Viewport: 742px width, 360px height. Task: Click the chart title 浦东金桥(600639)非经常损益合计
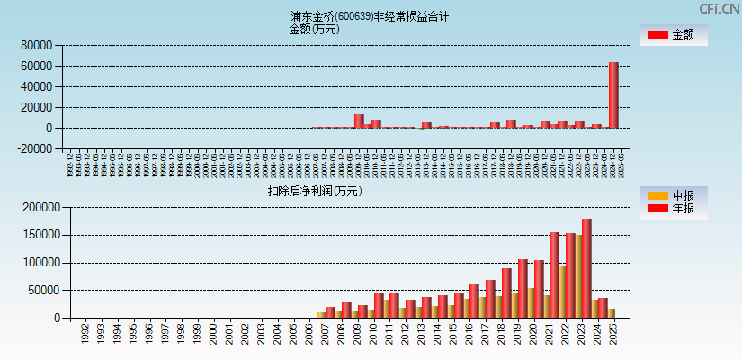[x=370, y=16]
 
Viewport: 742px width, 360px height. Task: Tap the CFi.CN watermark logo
[x=719, y=9]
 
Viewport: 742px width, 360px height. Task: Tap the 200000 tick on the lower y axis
[x=39, y=207]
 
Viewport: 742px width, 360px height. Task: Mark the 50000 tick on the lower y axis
[x=41, y=291]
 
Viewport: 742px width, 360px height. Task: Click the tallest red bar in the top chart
[x=613, y=95]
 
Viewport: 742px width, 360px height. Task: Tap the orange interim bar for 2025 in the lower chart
[x=612, y=313]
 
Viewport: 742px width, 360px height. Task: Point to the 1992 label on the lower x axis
[x=85, y=334]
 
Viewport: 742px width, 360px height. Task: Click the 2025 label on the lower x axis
[x=612, y=334]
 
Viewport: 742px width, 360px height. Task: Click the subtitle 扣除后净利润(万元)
[x=314, y=191]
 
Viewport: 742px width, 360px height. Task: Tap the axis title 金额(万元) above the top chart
[x=314, y=29]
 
